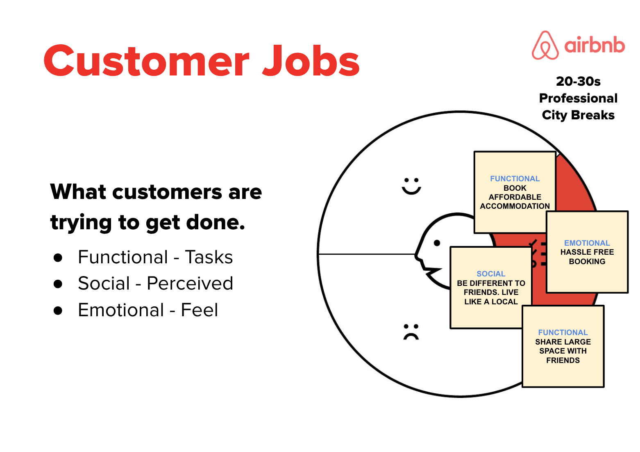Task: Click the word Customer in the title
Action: click(x=147, y=61)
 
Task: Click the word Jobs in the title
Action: click(x=311, y=61)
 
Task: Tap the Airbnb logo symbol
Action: click(x=545, y=45)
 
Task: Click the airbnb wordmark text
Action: click(x=595, y=45)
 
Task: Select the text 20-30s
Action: click(x=578, y=82)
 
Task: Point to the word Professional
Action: click(x=578, y=98)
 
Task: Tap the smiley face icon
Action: click(x=411, y=186)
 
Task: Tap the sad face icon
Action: click(x=411, y=332)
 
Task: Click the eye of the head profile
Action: click(x=437, y=243)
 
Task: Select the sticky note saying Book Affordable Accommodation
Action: click(x=515, y=192)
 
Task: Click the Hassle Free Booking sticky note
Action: click(x=587, y=252)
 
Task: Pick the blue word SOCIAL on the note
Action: click(x=491, y=274)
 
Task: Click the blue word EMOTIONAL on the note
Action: click(x=587, y=243)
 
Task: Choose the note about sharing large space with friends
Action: click(x=563, y=347)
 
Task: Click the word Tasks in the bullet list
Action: click(x=209, y=257)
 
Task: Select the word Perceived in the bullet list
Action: click(x=190, y=283)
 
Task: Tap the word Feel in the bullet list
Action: click(x=200, y=310)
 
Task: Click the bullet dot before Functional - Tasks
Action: click(x=58, y=258)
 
